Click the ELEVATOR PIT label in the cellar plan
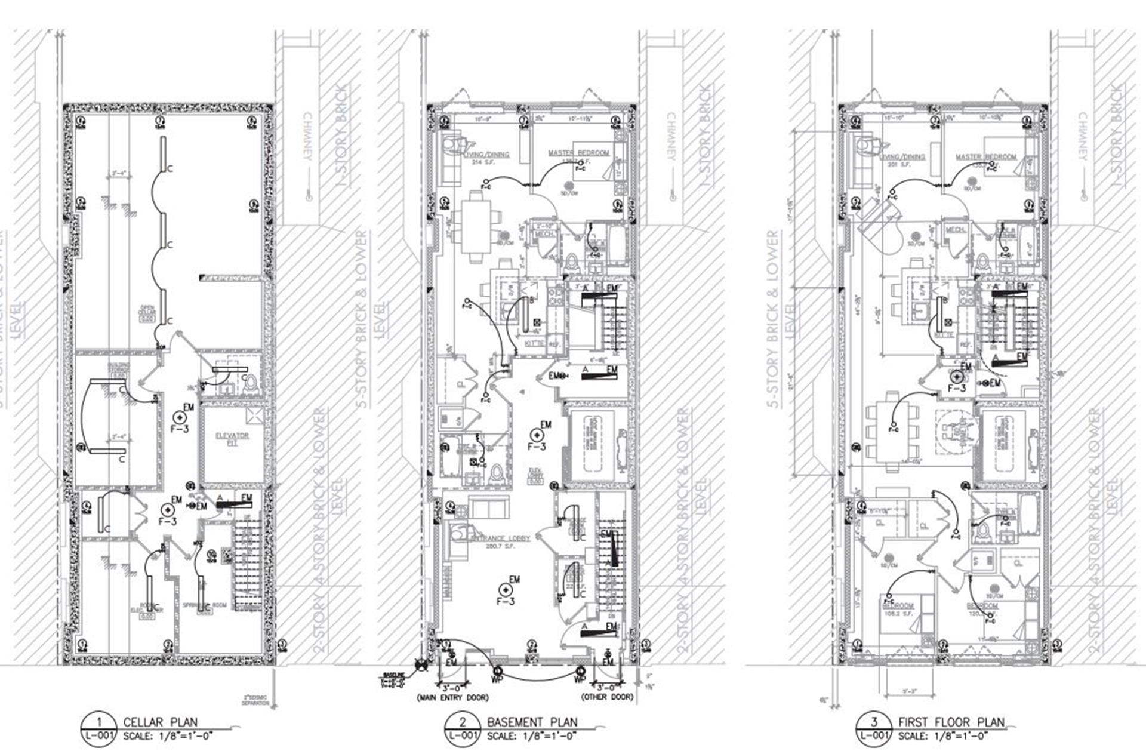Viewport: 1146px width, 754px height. tap(232, 439)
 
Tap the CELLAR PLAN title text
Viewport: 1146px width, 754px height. tap(160, 722)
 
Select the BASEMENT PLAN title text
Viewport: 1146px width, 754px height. tap(532, 722)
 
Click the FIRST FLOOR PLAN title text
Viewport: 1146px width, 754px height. tap(951, 722)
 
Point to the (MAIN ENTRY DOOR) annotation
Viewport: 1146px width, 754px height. tap(452, 697)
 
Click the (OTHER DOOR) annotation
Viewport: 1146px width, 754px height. tap(607, 697)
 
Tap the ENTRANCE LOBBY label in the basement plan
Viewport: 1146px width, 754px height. tap(500, 538)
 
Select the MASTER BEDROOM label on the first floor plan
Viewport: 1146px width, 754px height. tap(985, 157)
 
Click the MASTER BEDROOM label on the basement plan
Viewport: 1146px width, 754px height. tap(578, 153)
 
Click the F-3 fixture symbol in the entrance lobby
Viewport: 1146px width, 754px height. tap(506, 590)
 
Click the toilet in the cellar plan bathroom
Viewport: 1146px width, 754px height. tap(251, 382)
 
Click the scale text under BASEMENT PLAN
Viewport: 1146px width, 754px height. tap(531, 736)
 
